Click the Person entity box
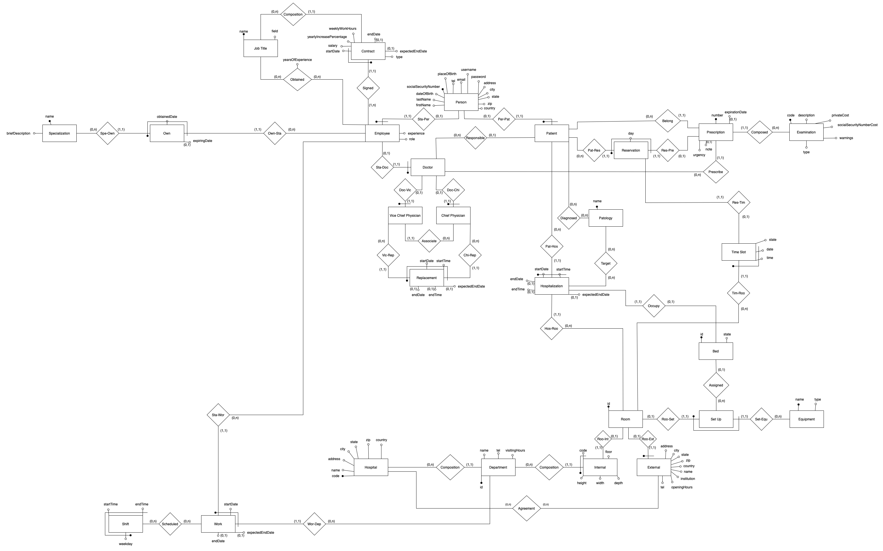tap(461, 102)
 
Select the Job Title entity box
tap(260, 48)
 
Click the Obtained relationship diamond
tap(297, 79)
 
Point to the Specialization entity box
tap(59, 133)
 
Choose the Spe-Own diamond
tap(108, 133)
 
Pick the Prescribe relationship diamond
tap(715, 172)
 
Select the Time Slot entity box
tap(738, 252)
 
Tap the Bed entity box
tap(715, 351)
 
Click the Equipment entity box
tap(806, 419)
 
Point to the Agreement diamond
tap(526, 508)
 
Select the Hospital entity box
tap(371, 467)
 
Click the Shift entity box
tap(125, 524)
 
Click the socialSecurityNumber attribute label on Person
tap(423, 87)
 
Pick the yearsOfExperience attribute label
tap(297, 60)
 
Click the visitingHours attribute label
tap(515, 450)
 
